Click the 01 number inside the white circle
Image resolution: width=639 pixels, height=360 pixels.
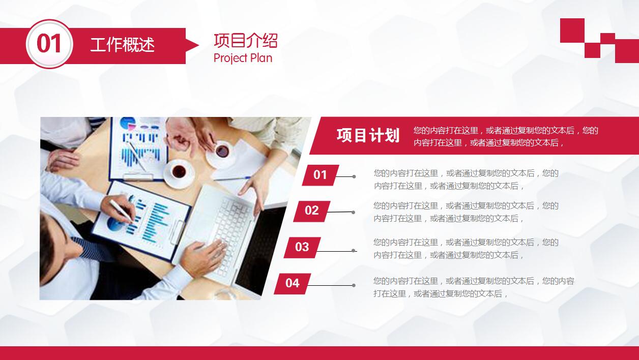point(49,44)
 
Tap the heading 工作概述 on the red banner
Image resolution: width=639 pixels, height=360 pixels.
point(123,45)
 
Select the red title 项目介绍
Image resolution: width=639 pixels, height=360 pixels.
point(246,41)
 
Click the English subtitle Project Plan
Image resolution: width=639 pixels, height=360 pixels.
point(243,58)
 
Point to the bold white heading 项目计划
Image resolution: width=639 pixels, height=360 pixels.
point(368,135)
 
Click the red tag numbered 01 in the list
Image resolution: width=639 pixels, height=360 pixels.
point(321,175)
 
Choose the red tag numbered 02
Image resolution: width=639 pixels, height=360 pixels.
point(311,211)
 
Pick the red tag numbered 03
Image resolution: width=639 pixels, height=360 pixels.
point(302,248)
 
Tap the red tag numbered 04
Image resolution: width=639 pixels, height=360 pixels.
point(293,284)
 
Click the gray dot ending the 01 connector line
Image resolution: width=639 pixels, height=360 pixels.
point(354,177)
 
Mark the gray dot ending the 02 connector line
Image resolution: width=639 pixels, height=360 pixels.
point(354,213)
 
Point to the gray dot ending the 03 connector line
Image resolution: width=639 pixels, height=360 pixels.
point(354,251)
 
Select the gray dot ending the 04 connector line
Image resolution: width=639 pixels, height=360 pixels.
point(354,285)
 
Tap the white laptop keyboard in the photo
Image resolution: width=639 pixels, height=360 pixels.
point(231,228)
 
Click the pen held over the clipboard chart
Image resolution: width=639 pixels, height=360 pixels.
point(121,211)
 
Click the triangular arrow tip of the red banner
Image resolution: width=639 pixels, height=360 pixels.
point(192,45)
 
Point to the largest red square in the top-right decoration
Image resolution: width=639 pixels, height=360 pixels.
point(572,31)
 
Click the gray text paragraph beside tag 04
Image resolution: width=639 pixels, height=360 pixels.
point(474,287)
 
